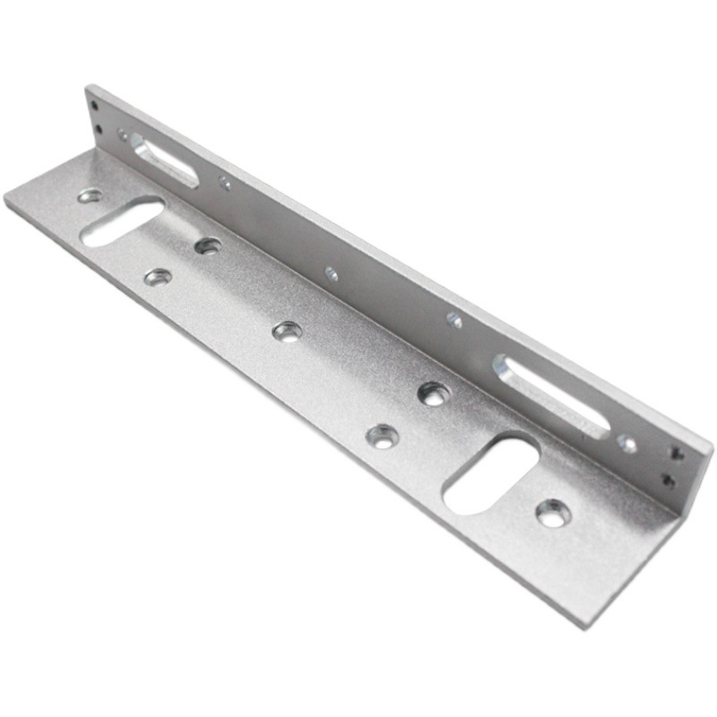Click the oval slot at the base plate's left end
122,221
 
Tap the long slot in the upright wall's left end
165,160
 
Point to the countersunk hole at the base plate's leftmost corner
90,194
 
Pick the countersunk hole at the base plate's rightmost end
553,513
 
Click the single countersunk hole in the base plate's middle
287,332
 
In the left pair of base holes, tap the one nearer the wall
208,245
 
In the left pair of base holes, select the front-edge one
158,277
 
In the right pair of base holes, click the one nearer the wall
434,393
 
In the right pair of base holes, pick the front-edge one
383,436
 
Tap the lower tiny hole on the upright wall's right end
668,480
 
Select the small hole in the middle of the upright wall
332,273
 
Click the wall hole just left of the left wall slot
123,135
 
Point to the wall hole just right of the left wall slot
224,183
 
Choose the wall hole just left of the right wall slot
454,319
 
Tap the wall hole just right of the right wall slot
627,443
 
